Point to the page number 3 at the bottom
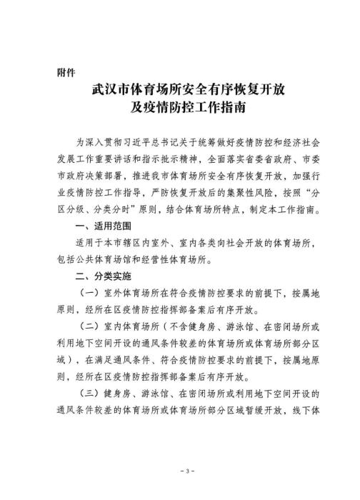[x=180, y=473]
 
